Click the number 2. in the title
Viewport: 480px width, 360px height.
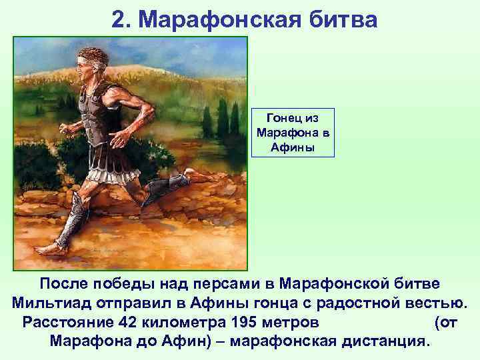click(122, 19)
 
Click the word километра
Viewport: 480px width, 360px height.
click(178, 323)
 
